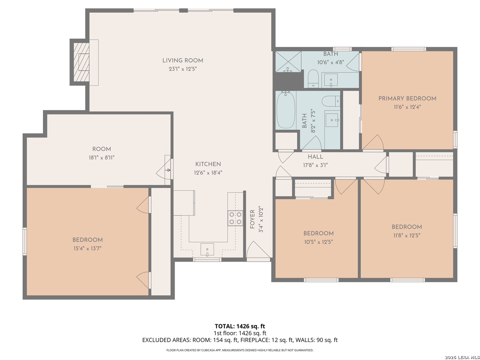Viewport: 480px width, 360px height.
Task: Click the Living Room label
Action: (183, 61)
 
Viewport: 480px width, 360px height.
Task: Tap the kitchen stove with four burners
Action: (235, 218)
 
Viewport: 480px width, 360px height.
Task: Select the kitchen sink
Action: (207, 250)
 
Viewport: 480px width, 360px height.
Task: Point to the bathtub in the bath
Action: (285, 111)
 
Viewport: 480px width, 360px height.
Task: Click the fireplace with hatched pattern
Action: (81, 62)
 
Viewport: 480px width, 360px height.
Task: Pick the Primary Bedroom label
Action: (407, 99)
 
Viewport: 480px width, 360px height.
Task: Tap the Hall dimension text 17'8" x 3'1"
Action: (315, 165)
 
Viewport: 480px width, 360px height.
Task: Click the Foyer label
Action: (252, 219)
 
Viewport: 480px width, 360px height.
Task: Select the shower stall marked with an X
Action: (288, 62)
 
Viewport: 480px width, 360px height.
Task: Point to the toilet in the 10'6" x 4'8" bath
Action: (313, 79)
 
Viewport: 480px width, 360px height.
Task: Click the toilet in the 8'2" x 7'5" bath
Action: (331, 101)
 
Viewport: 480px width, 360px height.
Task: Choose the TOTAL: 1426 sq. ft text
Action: (240, 326)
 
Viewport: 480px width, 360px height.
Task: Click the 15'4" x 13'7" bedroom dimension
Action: (87, 249)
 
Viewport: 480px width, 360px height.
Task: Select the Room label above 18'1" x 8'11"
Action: (101, 149)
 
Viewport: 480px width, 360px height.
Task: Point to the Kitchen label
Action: (208, 164)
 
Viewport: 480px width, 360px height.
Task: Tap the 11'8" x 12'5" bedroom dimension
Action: (407, 235)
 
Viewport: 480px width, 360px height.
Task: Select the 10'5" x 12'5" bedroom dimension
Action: (318, 242)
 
